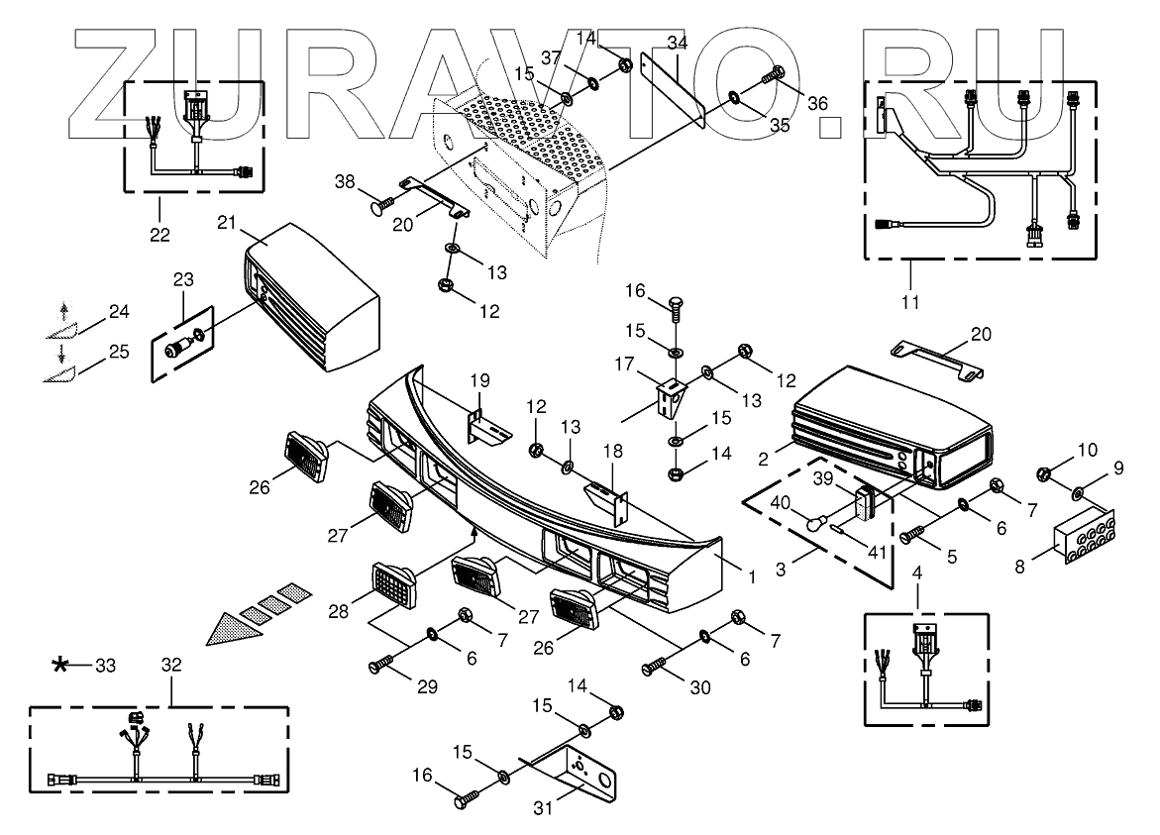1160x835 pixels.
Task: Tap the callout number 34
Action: click(677, 43)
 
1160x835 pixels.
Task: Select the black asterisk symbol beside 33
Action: click(62, 665)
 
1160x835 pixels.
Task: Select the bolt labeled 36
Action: click(773, 74)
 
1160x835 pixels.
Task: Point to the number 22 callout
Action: click(160, 235)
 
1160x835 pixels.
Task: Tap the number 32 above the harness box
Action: click(170, 666)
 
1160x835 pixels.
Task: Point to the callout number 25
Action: click(118, 352)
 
